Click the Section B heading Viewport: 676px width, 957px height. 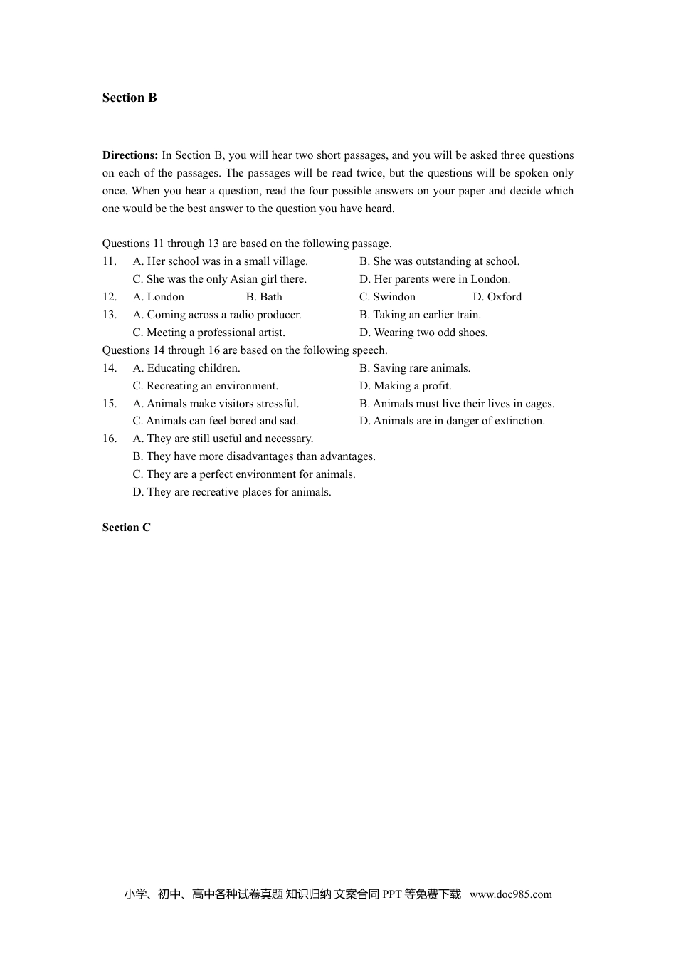click(x=130, y=98)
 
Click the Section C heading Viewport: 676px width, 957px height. click(x=127, y=528)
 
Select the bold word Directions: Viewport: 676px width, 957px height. click(x=130, y=155)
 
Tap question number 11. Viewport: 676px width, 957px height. click(x=110, y=261)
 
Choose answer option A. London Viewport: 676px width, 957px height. click(x=158, y=297)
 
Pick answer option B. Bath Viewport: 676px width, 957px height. click(x=264, y=297)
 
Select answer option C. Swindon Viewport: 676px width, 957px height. click(x=387, y=297)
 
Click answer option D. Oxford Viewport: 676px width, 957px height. click(x=497, y=297)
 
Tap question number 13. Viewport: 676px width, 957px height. click(x=110, y=315)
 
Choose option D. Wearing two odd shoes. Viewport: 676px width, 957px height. click(x=423, y=333)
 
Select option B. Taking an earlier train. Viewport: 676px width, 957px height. click(x=420, y=315)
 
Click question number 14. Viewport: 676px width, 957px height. click(x=110, y=368)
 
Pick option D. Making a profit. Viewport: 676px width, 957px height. click(x=405, y=386)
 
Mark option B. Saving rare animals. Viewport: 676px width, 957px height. click(x=415, y=368)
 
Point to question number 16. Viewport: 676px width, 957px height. click(x=110, y=439)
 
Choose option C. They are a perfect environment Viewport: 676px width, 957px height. click(x=244, y=474)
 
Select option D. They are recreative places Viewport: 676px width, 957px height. click(x=232, y=492)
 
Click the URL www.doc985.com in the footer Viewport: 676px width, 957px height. click(x=510, y=895)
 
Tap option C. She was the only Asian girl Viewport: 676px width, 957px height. click(x=219, y=279)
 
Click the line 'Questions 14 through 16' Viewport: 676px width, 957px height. click(x=245, y=350)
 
